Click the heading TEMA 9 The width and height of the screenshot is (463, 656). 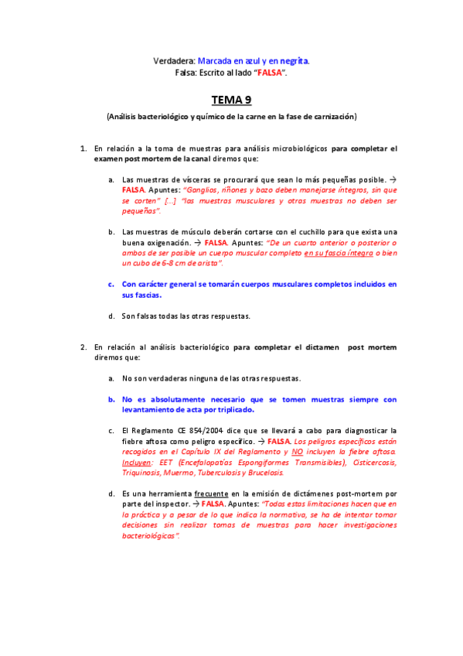coord(231,100)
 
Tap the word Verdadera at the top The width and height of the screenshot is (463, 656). coord(175,60)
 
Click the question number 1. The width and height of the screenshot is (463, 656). coord(83,148)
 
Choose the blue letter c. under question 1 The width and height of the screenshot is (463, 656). coord(112,284)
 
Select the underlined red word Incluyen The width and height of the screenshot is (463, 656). coord(137,462)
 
